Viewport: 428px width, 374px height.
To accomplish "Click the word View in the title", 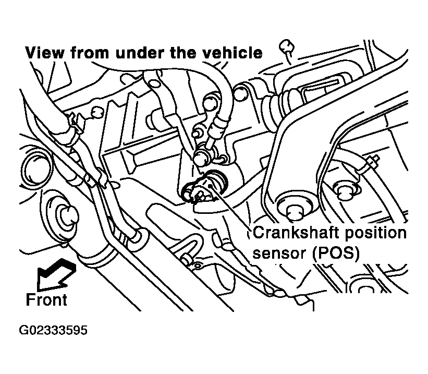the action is (x=45, y=53).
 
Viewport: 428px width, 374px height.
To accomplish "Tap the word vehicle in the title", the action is (x=233, y=53).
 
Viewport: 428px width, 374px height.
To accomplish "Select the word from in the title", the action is (x=90, y=53).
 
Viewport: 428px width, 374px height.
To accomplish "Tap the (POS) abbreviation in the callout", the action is (x=336, y=254).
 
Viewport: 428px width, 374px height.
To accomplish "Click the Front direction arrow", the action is (x=56, y=274).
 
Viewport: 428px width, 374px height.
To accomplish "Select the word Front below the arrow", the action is (x=46, y=300).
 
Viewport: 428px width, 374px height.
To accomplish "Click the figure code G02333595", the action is (x=53, y=330).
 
